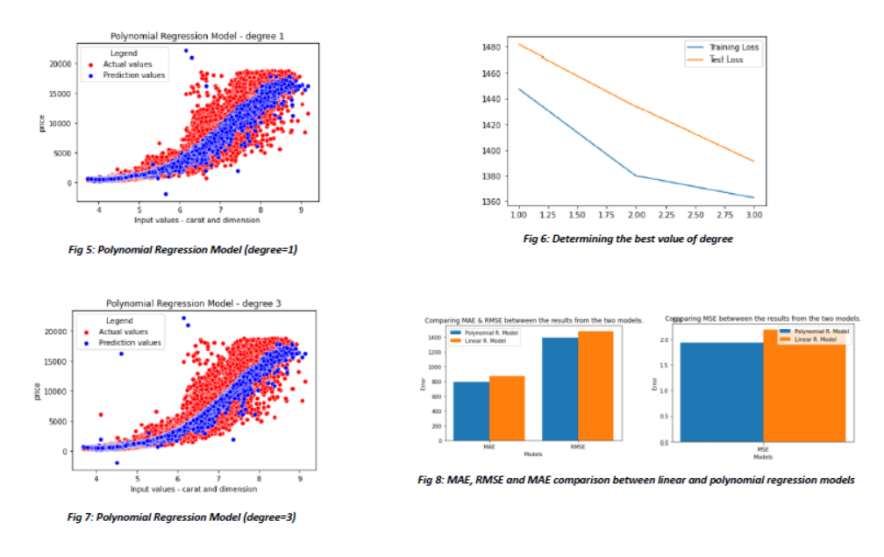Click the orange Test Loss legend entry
pyautogui.click(x=724, y=60)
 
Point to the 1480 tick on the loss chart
pyautogui.click(x=493, y=46)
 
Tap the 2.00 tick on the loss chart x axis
pyautogui.click(x=635, y=214)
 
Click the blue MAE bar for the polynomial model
pyautogui.click(x=472, y=411)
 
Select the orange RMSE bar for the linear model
pyautogui.click(x=595, y=385)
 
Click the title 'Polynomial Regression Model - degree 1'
pyautogui.click(x=197, y=36)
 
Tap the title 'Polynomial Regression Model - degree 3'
pyautogui.click(x=197, y=303)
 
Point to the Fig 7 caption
pyautogui.click(x=182, y=517)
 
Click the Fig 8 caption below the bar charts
pyautogui.click(x=636, y=480)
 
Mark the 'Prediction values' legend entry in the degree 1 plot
pyautogui.click(x=132, y=75)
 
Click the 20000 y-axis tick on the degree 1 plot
pyautogui.click(x=61, y=64)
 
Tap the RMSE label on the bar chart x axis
pyautogui.click(x=578, y=446)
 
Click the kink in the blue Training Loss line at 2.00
pyautogui.click(x=635, y=175)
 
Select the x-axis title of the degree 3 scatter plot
pyautogui.click(x=193, y=489)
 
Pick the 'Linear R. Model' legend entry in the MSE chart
pyautogui.click(x=811, y=339)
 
